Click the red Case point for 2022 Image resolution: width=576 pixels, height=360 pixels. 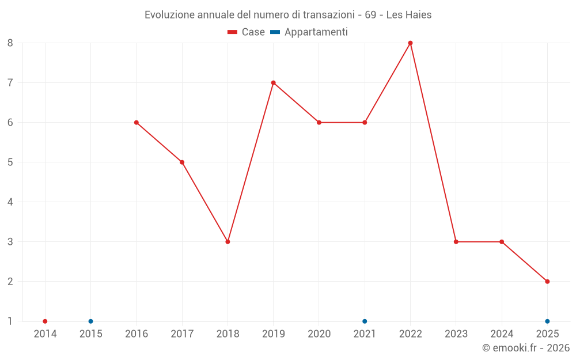[410, 43]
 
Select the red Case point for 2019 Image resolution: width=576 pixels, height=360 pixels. [273, 82]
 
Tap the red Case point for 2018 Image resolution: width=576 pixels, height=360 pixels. [228, 241]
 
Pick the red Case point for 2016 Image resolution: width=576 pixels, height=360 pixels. [137, 122]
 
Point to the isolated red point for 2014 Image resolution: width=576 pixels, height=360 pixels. [45, 321]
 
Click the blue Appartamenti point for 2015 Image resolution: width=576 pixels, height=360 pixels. [90, 321]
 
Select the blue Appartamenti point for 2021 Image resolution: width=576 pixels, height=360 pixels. [365, 321]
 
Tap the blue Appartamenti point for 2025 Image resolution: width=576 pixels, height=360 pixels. [547, 321]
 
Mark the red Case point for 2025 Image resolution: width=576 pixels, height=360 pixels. [547, 281]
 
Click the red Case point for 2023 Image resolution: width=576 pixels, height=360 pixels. [456, 241]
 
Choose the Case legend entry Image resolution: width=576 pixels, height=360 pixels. [247, 32]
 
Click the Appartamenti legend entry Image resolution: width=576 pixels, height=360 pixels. [309, 32]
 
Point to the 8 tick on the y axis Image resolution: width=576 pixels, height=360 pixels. [10, 43]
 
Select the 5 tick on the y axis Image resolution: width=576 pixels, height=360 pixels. [10, 162]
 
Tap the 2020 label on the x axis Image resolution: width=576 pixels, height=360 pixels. [319, 334]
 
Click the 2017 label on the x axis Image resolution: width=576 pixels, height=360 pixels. [182, 334]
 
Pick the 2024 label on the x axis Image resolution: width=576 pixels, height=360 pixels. [502, 334]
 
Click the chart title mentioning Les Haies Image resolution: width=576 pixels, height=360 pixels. [288, 14]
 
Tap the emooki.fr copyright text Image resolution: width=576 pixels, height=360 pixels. [525, 348]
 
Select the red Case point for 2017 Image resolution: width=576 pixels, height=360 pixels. [182, 162]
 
